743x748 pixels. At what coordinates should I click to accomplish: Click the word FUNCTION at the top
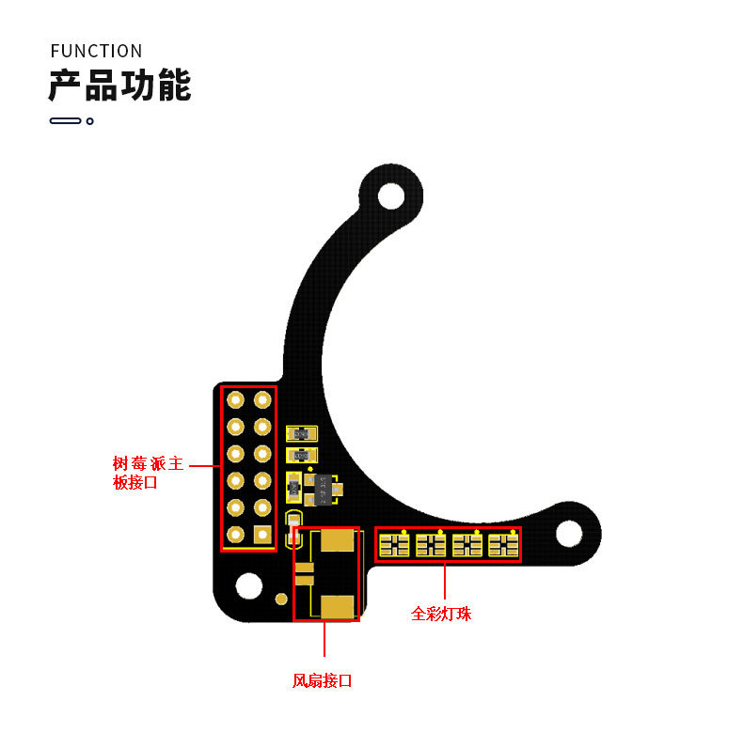[96, 51]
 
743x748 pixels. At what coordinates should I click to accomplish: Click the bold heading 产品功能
[119, 85]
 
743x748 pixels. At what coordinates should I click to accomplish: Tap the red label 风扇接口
[322, 680]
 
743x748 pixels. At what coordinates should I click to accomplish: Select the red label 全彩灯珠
[441, 614]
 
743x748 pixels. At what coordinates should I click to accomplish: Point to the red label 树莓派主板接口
[148, 473]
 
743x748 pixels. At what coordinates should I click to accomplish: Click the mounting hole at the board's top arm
[391, 195]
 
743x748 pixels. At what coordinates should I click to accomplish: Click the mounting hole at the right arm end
[569, 534]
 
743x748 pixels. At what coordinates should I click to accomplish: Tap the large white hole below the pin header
[249, 585]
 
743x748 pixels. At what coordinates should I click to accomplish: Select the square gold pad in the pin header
[262, 535]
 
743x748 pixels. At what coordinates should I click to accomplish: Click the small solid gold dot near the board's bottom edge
[281, 600]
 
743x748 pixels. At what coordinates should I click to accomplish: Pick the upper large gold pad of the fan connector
[337, 540]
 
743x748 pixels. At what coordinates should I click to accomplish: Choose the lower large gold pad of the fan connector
[337, 607]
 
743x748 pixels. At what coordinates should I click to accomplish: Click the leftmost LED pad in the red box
[394, 545]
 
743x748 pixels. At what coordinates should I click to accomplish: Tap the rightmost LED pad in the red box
[503, 545]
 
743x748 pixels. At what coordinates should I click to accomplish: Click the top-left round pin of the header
[235, 399]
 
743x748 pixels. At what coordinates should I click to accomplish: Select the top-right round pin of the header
[262, 399]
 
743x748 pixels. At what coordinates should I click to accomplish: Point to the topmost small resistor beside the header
[301, 434]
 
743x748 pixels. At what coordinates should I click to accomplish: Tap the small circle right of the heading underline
[89, 121]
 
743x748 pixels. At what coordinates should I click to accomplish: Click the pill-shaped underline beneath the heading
[66, 121]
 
